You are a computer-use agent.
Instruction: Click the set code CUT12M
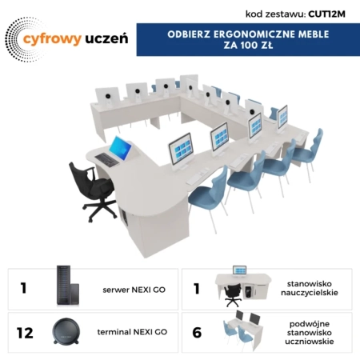(328, 14)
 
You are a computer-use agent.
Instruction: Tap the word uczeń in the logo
(100, 38)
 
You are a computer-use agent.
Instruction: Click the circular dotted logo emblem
(18, 40)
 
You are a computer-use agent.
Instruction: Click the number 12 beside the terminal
(25, 331)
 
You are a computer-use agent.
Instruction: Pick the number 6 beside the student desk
(198, 331)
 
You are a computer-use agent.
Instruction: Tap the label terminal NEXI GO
(132, 331)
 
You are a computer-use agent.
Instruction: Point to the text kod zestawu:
(275, 14)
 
